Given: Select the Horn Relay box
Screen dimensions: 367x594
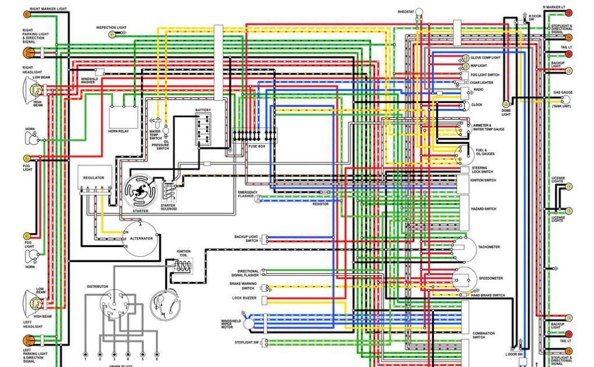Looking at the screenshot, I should click(123, 117).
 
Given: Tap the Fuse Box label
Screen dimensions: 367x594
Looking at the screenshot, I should click(256, 146).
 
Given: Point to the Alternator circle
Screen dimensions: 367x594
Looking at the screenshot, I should click(140, 239).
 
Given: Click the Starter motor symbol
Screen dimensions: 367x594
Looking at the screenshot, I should click(140, 190).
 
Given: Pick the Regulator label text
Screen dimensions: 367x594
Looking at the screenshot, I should click(94, 178).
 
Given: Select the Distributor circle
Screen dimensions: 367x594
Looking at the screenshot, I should click(114, 305).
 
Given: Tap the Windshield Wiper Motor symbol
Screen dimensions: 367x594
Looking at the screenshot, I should click(249, 323).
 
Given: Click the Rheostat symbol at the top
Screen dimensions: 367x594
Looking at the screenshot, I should click(419, 19).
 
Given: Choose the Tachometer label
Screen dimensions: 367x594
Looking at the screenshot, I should click(489, 247).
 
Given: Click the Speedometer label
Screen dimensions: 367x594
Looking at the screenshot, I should click(490, 278).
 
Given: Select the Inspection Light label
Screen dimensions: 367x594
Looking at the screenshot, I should click(111, 27).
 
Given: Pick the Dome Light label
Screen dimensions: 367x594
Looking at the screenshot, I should click(506, 112).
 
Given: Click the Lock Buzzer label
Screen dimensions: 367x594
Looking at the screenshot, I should click(245, 298).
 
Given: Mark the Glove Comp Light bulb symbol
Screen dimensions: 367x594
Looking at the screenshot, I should click(465, 58).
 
